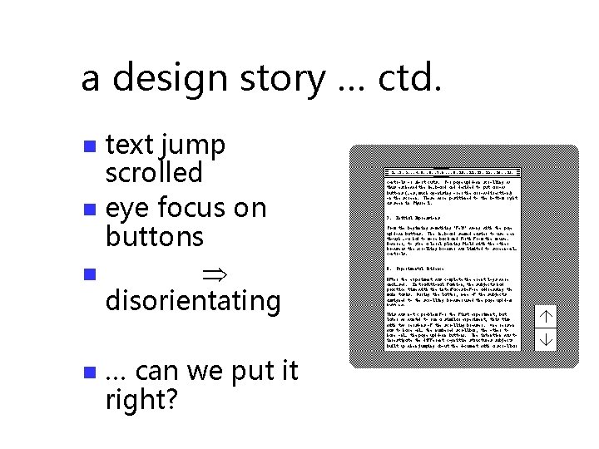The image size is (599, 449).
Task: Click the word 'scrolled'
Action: [x=154, y=173]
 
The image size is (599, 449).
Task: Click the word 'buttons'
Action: [x=154, y=236]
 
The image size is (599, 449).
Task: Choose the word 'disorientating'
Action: [x=193, y=300]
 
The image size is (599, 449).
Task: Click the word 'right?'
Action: [x=141, y=400]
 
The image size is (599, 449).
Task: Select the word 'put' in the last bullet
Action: [x=235, y=372]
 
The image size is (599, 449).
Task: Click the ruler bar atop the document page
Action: [x=453, y=172]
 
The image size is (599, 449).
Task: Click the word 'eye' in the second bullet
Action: [x=127, y=208]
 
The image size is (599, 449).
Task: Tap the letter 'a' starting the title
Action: [x=91, y=80]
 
